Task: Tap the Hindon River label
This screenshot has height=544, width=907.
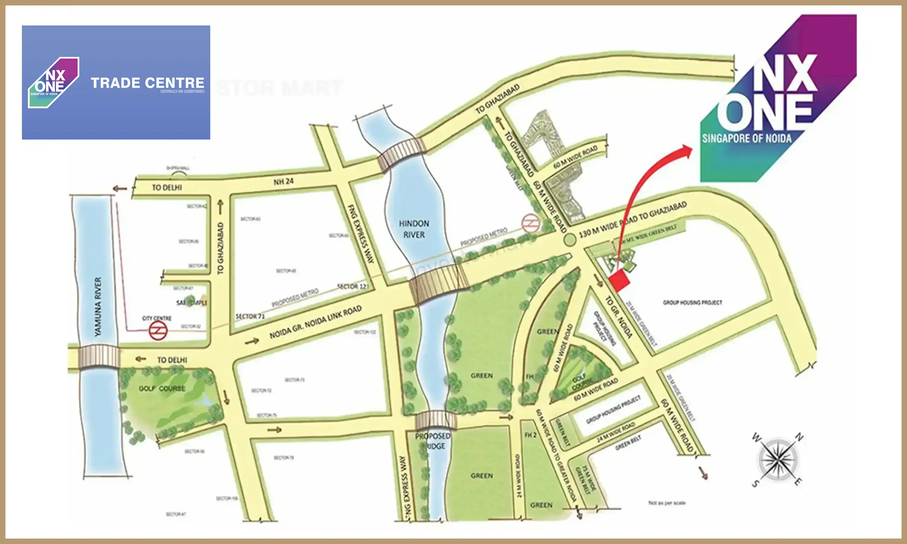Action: (x=414, y=229)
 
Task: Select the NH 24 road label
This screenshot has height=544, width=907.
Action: (x=283, y=181)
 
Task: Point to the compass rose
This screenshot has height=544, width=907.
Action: (x=778, y=460)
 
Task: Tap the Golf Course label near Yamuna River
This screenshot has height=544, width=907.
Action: (x=162, y=389)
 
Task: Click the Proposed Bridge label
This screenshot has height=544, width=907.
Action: (x=433, y=441)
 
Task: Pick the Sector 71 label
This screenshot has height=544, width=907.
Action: (x=250, y=316)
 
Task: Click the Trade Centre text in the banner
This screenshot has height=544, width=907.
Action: (x=147, y=83)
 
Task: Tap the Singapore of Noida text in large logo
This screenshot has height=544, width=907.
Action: (x=746, y=138)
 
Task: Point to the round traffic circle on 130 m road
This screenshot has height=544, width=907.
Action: (x=569, y=240)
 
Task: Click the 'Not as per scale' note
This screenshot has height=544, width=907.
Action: (x=667, y=503)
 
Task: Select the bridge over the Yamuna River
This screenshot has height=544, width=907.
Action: (x=99, y=356)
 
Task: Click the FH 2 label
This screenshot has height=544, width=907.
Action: (x=530, y=435)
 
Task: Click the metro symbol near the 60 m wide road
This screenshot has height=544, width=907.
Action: (x=531, y=223)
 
